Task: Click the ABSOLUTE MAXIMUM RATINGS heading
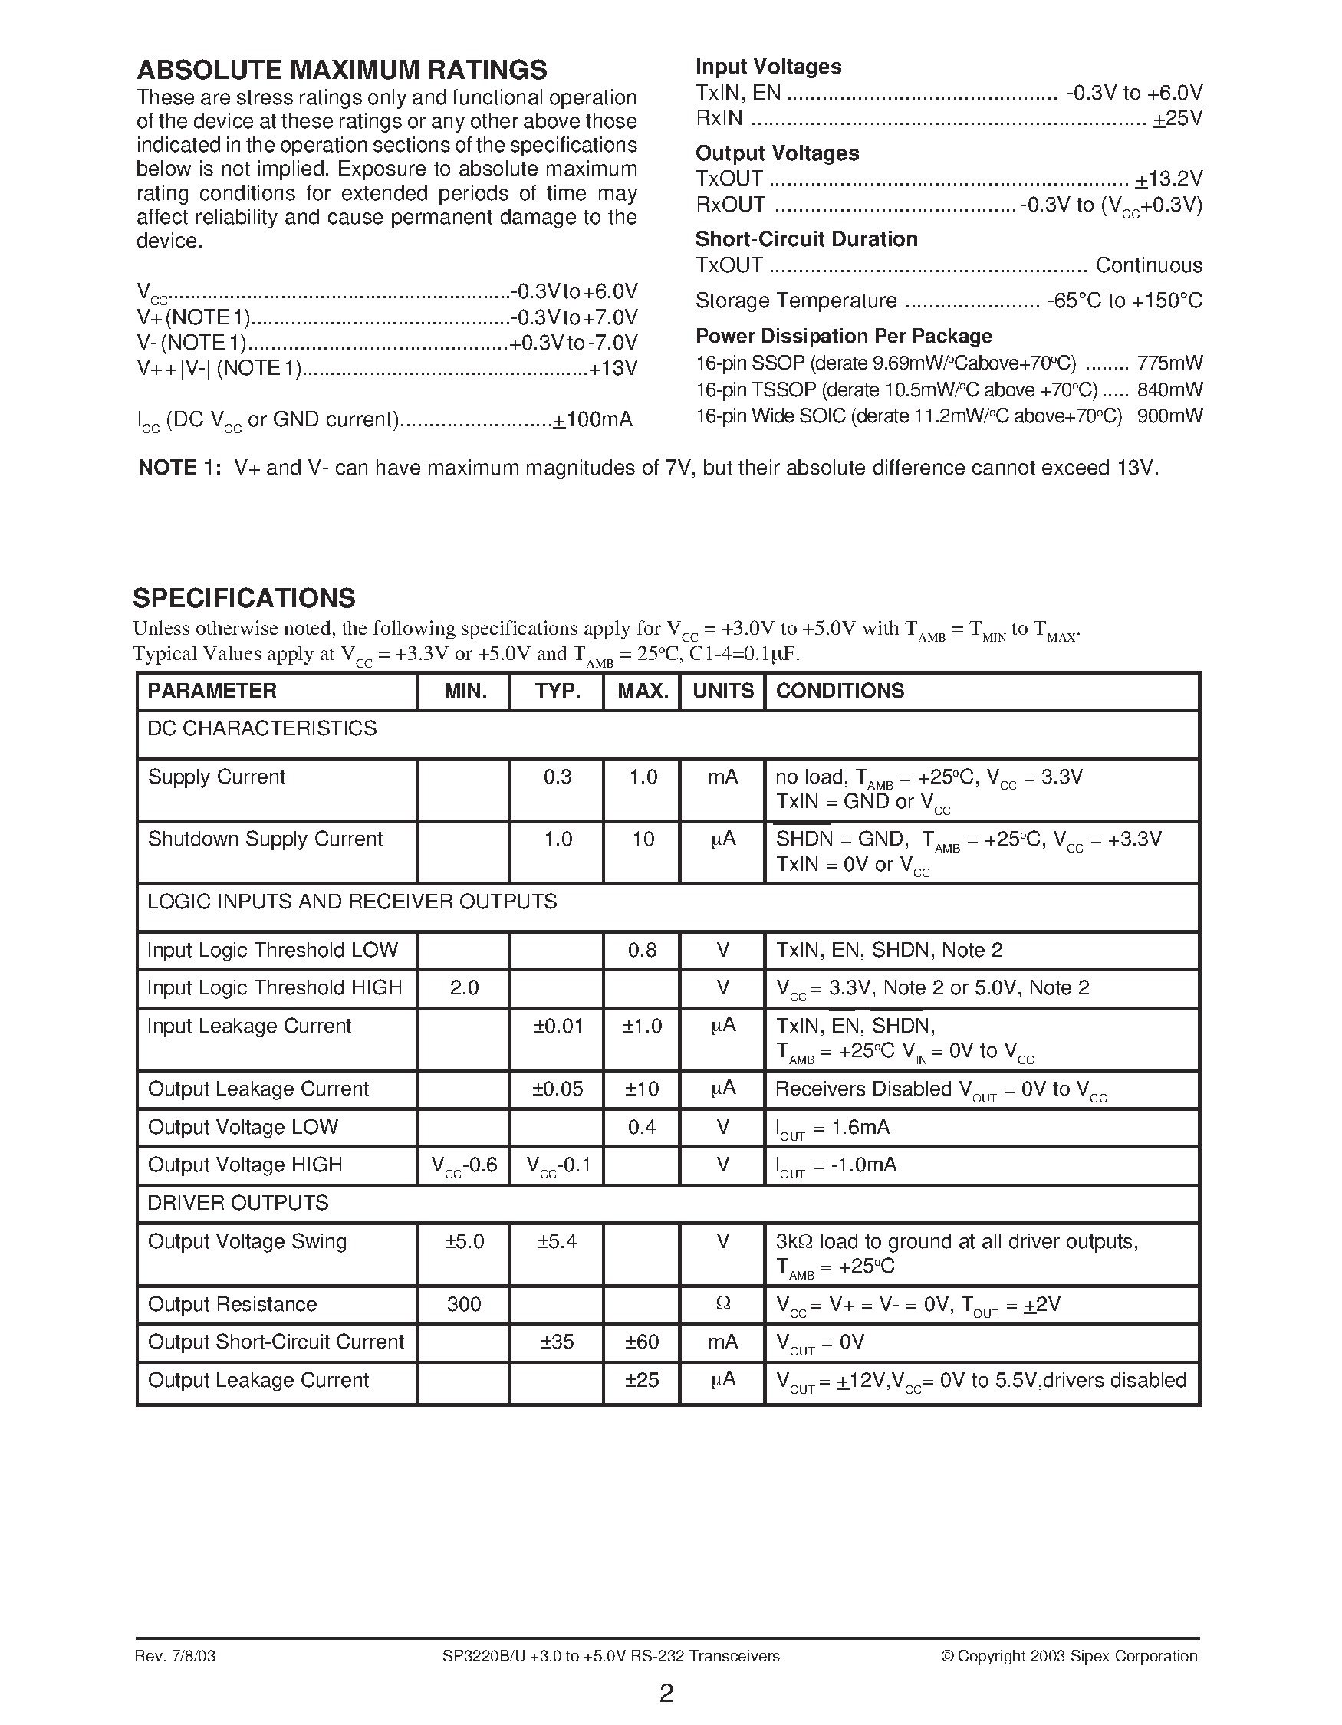tap(341, 71)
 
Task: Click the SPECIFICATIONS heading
tap(244, 598)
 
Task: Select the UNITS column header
tap(722, 691)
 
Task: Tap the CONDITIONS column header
tap(840, 691)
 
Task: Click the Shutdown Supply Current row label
tap(265, 839)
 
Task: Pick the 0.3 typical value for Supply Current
tap(557, 777)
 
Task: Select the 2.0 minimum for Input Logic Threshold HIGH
tap(464, 988)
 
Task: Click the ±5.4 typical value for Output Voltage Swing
tap(557, 1242)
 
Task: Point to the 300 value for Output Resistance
tap(464, 1305)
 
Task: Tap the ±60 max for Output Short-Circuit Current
tap(641, 1342)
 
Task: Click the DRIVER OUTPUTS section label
tap(238, 1203)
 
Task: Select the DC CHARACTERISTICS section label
tap(262, 728)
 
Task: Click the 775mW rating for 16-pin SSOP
tap(1169, 363)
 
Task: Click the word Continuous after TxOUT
tap(1149, 265)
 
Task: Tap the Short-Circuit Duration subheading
tap(806, 239)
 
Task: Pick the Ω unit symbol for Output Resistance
tap(722, 1305)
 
